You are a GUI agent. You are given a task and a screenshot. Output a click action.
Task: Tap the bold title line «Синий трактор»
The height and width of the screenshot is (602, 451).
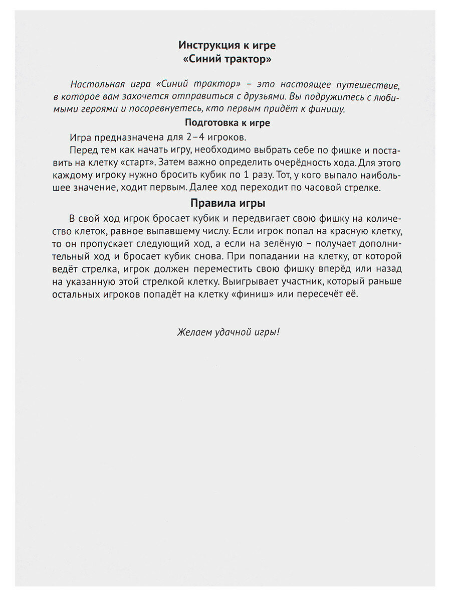click(x=227, y=59)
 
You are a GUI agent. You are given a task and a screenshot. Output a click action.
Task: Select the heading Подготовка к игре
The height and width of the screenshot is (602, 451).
click(x=228, y=122)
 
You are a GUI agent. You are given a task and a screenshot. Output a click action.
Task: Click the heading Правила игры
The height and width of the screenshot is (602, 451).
click(x=228, y=190)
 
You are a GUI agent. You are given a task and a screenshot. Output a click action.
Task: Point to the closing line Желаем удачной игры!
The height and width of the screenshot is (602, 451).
click(x=228, y=332)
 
